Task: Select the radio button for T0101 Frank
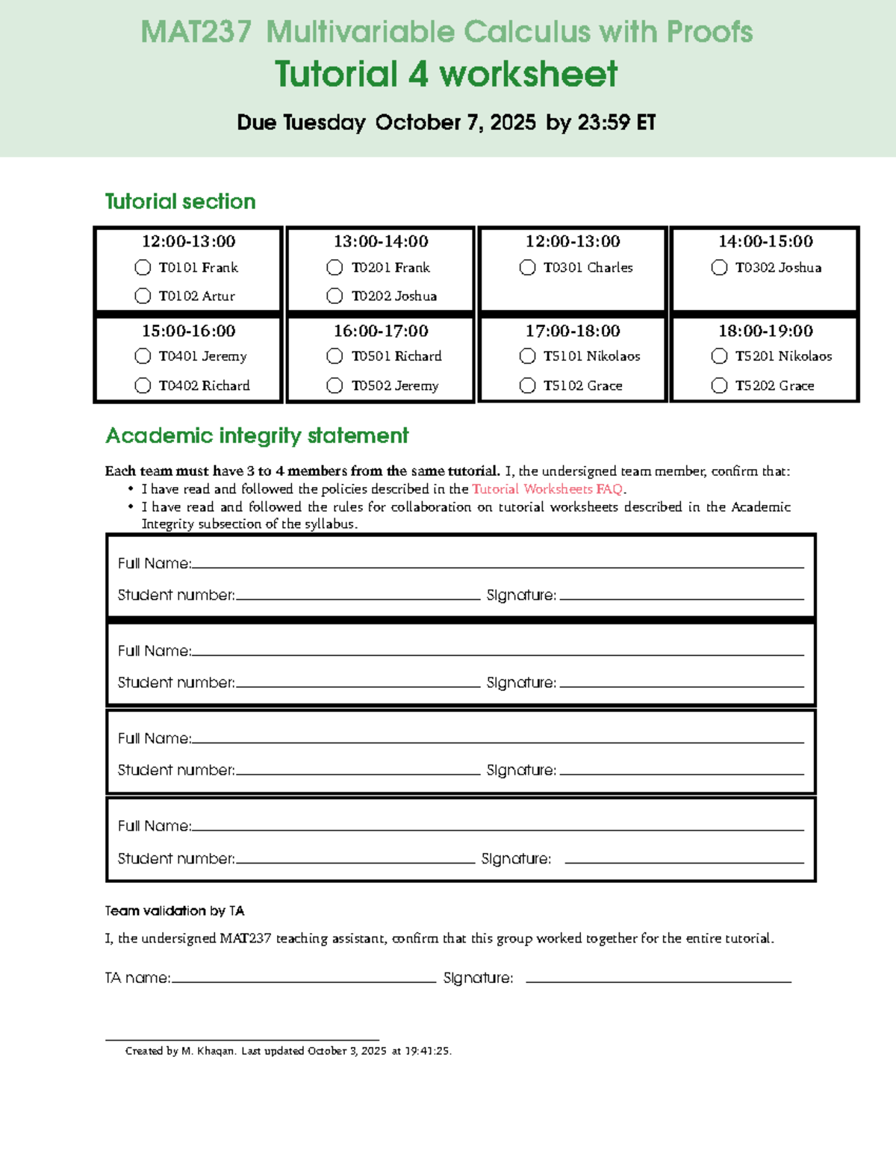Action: click(143, 267)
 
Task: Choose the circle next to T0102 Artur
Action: click(143, 297)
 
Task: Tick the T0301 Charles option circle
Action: click(527, 267)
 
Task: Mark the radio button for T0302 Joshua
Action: click(719, 267)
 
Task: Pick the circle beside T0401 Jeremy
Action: click(143, 356)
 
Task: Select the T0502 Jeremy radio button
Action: click(335, 385)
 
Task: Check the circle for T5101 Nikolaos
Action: click(527, 356)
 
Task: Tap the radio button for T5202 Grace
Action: click(719, 385)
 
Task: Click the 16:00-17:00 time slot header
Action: click(381, 331)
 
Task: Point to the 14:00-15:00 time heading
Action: click(765, 241)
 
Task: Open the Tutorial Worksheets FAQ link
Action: click(547, 489)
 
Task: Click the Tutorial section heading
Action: click(180, 202)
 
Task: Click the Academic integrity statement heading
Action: click(257, 435)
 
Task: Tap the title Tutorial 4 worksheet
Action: click(446, 75)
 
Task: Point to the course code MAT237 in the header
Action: click(196, 32)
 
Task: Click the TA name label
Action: click(137, 978)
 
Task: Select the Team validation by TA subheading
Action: click(175, 911)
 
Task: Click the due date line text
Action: click(446, 122)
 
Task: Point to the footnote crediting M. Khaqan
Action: click(288, 1051)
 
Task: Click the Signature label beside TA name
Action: click(478, 978)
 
